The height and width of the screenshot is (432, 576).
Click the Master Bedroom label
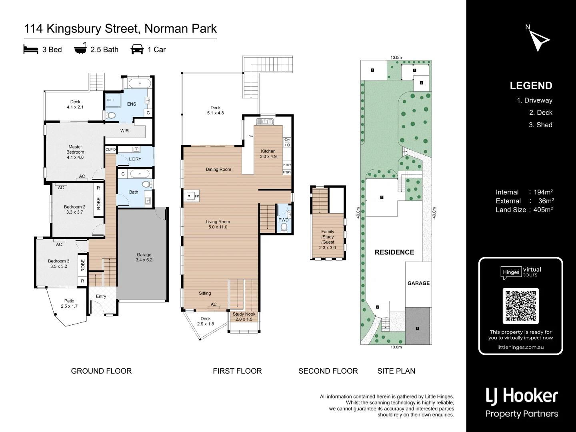point(75,152)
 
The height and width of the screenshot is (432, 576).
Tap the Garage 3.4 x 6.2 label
point(144,257)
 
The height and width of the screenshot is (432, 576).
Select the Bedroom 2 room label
point(75,210)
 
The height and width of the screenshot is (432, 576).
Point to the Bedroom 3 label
point(59,264)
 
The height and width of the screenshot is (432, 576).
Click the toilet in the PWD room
point(284,227)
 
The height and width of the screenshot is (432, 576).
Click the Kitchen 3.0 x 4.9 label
point(268,154)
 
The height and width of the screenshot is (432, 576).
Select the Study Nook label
point(244,317)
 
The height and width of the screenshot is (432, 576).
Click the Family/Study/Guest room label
point(328,240)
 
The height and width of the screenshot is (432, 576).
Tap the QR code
point(520,306)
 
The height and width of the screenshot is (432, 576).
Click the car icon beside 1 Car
point(137,50)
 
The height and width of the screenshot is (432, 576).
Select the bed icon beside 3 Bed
point(31,50)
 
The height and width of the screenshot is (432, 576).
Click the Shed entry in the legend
point(540,125)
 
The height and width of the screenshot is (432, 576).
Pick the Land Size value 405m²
point(543,210)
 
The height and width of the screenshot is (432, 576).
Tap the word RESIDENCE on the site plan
point(394,252)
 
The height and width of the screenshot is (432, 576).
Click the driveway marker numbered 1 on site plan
point(418,328)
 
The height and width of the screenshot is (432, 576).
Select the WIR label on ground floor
point(124,131)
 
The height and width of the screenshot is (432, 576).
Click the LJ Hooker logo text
point(522,396)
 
